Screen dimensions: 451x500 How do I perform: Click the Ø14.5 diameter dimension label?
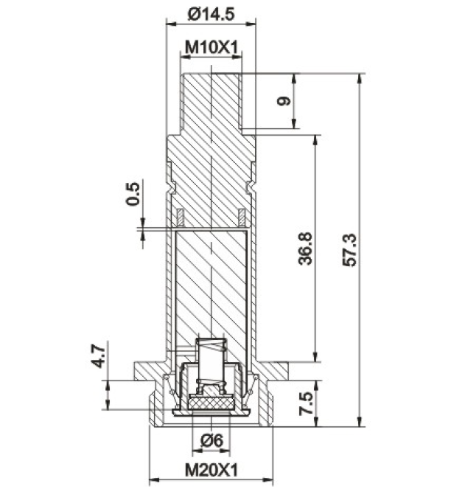pos(211,14)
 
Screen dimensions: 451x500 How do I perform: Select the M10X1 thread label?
pos(211,48)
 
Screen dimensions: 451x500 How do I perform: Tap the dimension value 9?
pos(284,101)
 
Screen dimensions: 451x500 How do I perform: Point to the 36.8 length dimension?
pos(305,249)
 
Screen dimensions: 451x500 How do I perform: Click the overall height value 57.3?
pos(349,250)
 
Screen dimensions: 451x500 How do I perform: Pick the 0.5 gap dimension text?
pos(133,194)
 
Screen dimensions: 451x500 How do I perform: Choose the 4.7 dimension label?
pos(99,355)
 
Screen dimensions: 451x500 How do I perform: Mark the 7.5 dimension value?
pos(305,403)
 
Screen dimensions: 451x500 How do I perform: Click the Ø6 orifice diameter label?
pos(211,441)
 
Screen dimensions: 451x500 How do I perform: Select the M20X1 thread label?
pos(211,470)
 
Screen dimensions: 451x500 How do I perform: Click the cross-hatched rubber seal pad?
pos(211,403)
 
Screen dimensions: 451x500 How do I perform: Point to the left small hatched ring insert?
pos(181,217)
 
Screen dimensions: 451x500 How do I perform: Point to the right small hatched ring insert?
pos(242,217)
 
